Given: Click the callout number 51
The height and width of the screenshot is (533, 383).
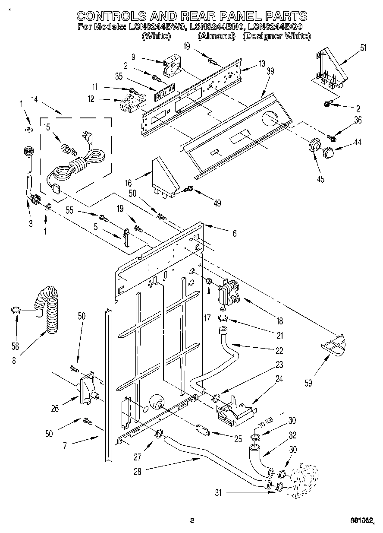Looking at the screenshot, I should (363, 48).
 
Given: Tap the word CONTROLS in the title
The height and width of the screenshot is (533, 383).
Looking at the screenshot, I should (110, 16).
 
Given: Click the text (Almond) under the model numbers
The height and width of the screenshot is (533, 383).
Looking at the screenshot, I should (216, 36).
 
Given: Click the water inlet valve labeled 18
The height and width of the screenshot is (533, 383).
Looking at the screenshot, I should (228, 294).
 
